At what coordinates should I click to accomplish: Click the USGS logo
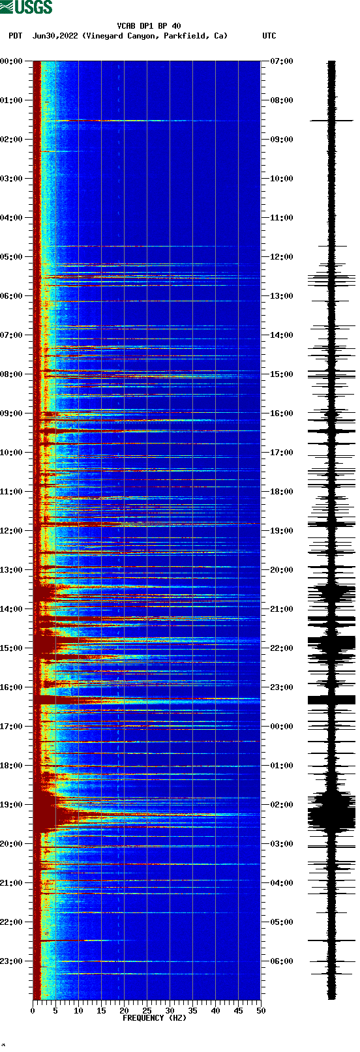pos(26,7)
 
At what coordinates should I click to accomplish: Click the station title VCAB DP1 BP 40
pos(149,26)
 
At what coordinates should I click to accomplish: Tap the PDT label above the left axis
pos(15,36)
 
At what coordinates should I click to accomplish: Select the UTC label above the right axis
pos(269,36)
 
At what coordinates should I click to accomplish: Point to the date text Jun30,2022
pos(55,36)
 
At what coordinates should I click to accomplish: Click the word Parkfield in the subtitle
pos(183,36)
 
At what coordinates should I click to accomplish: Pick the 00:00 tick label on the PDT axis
pos(12,61)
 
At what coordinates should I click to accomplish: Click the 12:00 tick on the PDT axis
pos(12,531)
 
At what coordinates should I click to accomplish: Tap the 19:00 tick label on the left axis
pos(12,805)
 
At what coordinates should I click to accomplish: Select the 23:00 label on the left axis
pos(12,961)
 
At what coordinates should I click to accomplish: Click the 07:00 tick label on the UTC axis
pos(281,61)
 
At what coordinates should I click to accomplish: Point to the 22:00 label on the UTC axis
pos(281,648)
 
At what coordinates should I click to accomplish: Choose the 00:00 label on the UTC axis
pos(281,727)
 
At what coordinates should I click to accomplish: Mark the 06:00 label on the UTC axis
pos(281,961)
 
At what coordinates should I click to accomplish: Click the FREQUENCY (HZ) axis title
pos(155,1018)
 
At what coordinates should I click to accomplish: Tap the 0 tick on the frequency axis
pos(33,1011)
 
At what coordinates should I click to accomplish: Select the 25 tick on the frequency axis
pos(147,1011)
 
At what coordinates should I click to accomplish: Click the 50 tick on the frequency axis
pos(261,1011)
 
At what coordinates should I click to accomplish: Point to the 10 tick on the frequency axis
pos(78,1011)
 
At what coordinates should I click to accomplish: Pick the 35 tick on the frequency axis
pos(192,1011)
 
